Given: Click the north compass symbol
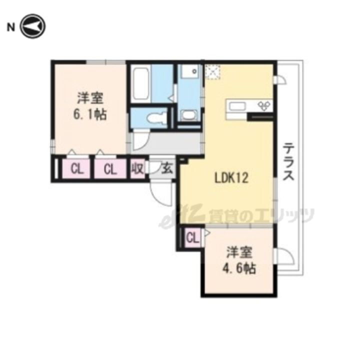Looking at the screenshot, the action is [x=32, y=26].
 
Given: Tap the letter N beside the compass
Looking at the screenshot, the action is [x=10, y=27].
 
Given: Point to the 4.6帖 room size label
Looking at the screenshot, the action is [x=239, y=267].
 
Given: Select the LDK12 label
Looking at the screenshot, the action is [x=231, y=178].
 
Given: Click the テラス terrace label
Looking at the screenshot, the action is [x=288, y=161].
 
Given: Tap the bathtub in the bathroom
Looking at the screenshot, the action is [x=140, y=84].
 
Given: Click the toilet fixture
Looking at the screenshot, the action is [x=157, y=118].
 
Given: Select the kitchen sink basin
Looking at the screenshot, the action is [x=237, y=106].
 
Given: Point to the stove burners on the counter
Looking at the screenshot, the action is [x=264, y=105].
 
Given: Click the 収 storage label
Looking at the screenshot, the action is [x=137, y=169].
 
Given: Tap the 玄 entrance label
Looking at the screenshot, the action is [x=167, y=169].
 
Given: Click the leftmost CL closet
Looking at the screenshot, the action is [x=76, y=169].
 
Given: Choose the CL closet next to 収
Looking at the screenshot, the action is [x=110, y=169].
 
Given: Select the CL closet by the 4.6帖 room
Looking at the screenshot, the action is [x=192, y=238].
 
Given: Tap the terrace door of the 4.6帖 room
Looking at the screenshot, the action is [x=285, y=256].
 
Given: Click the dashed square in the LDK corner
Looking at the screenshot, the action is [x=212, y=72].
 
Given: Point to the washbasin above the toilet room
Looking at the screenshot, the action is [x=188, y=115].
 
